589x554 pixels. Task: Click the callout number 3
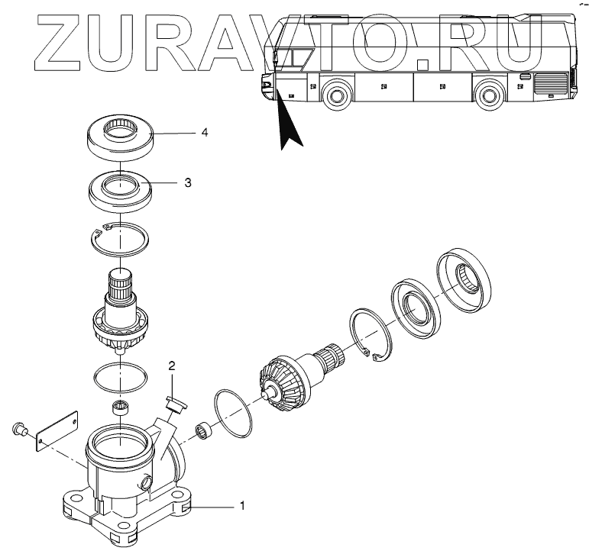[188, 183]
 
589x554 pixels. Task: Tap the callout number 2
[173, 366]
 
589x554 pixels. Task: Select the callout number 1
[242, 505]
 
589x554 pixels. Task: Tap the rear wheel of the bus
[487, 96]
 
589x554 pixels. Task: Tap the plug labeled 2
[175, 402]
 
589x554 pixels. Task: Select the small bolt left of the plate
[18, 431]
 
